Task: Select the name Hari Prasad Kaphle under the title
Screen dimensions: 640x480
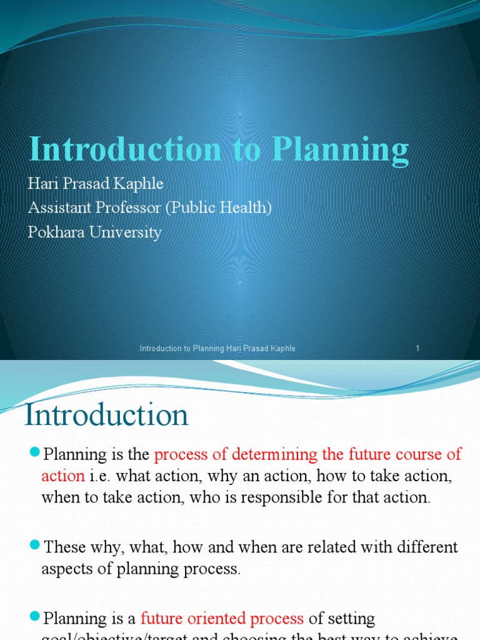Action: (96, 184)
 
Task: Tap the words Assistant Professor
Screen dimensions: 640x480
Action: (94, 208)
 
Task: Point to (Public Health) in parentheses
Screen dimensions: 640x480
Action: (218, 208)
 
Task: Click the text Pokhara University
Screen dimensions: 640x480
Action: (95, 232)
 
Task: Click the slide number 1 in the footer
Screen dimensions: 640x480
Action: (417, 348)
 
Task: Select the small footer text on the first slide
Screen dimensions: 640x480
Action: (217, 348)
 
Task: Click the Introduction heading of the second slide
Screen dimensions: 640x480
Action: (106, 416)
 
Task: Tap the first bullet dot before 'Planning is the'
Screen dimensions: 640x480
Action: (34, 452)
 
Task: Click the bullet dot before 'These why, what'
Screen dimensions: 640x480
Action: (34, 546)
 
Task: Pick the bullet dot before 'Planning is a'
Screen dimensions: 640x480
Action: (34, 617)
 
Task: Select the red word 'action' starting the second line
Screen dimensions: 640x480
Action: (62, 476)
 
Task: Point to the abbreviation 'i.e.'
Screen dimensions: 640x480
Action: (99, 476)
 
